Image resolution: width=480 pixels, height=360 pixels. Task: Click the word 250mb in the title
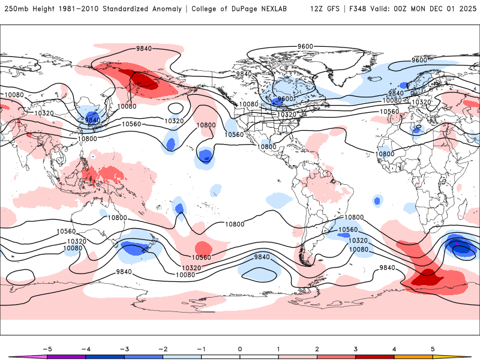click(14, 9)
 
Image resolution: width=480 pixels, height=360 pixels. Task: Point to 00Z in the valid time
click(409, 9)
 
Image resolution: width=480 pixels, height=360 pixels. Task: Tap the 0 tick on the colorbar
click(240, 349)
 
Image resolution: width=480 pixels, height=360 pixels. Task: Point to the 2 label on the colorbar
click(317, 349)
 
